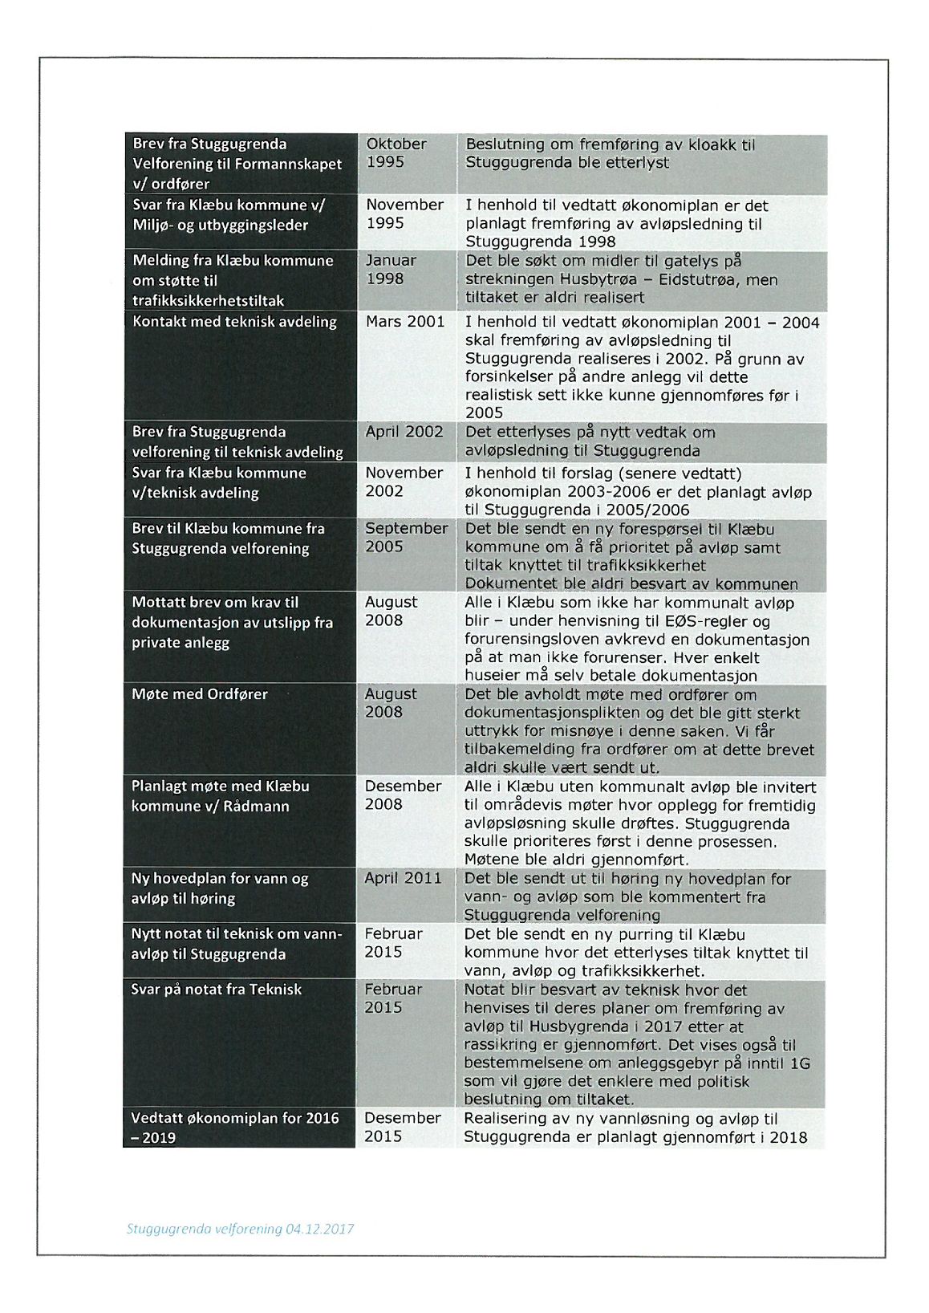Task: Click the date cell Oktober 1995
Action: click(x=396, y=153)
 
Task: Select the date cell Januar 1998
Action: click(x=391, y=270)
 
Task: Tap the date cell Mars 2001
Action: click(x=405, y=322)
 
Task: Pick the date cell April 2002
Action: click(x=404, y=432)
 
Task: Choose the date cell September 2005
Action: click(x=406, y=538)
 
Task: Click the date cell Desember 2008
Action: click(x=403, y=795)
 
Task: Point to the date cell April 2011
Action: click(x=403, y=878)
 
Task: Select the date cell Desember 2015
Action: click(x=402, y=1127)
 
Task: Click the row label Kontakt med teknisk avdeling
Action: click(x=234, y=322)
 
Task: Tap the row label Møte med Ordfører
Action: click(x=200, y=694)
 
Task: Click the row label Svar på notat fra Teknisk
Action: click(x=217, y=990)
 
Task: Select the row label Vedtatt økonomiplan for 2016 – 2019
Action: click(x=235, y=1127)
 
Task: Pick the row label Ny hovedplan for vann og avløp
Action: click(x=220, y=888)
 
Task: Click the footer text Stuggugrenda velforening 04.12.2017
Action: click(x=240, y=1229)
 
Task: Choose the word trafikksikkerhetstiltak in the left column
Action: click(x=209, y=301)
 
